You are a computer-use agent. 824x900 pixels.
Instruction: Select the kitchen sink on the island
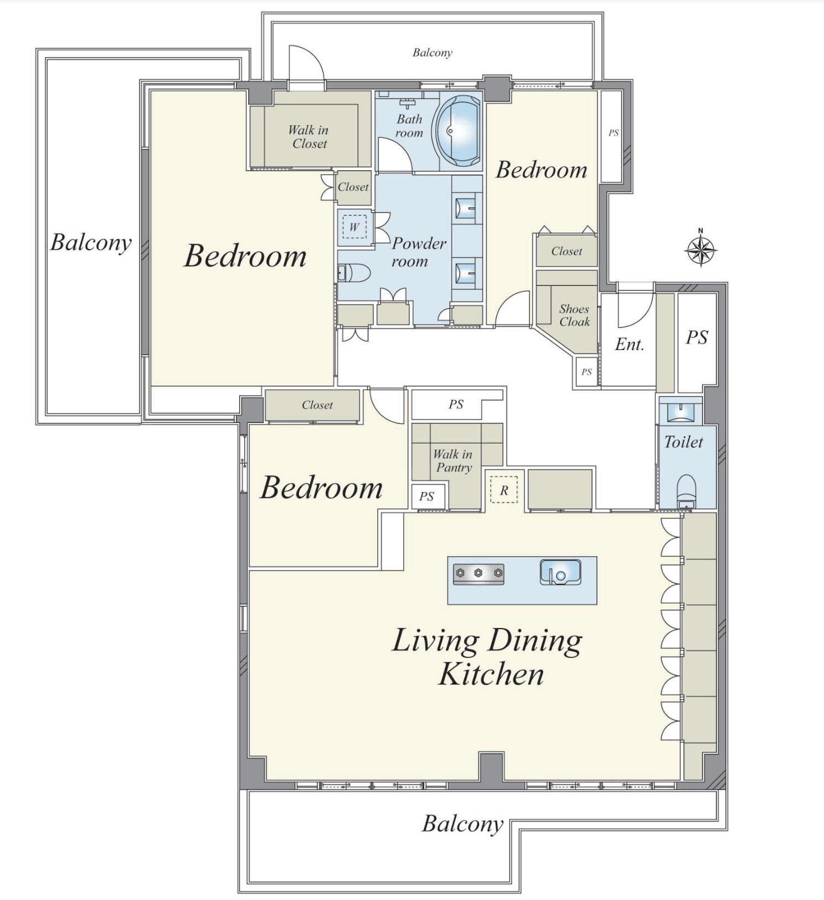[560, 572]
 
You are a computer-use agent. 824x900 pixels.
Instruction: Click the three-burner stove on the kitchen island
[478, 574]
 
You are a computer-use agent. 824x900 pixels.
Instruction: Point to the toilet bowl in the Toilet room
[687, 490]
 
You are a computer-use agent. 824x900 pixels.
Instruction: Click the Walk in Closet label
[309, 137]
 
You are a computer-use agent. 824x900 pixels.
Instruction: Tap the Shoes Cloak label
[574, 315]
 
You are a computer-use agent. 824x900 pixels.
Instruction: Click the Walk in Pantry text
[453, 461]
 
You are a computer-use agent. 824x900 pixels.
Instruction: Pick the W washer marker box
[354, 227]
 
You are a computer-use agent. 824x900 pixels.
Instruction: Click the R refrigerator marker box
[504, 490]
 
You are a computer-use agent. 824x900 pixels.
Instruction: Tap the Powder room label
[418, 252]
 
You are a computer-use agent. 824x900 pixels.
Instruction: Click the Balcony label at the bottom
[463, 824]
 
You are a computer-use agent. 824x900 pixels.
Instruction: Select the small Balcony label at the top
[432, 53]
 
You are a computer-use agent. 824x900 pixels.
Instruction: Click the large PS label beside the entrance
[697, 337]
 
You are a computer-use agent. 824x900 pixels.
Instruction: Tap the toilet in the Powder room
[354, 273]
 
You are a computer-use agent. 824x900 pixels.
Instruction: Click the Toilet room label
[684, 442]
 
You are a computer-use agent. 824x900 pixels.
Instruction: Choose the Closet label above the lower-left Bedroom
[317, 405]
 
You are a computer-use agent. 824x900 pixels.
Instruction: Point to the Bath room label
[409, 125]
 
